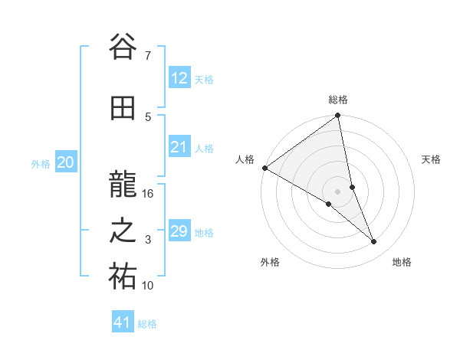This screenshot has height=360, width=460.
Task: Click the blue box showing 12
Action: pos(179,78)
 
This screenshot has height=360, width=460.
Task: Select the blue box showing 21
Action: pos(179,147)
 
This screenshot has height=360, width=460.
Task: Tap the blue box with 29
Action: pos(179,231)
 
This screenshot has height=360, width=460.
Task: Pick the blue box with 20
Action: pos(66,162)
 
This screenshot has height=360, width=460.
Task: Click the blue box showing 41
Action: pos(123,322)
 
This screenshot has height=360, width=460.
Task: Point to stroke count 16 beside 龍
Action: pos(149,194)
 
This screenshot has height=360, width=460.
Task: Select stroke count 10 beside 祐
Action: pos(149,286)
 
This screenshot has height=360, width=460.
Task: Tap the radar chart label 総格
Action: pos(338,100)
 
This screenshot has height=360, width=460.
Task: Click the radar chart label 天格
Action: pos(431,159)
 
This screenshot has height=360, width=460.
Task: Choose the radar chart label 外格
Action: pos(270,262)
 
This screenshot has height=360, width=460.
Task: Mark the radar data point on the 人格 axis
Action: pos(264,168)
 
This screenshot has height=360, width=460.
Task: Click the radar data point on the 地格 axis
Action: pos(374,241)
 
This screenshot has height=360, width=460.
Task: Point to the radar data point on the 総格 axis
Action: pos(338,116)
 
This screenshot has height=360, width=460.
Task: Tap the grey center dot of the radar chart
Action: pos(337,191)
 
